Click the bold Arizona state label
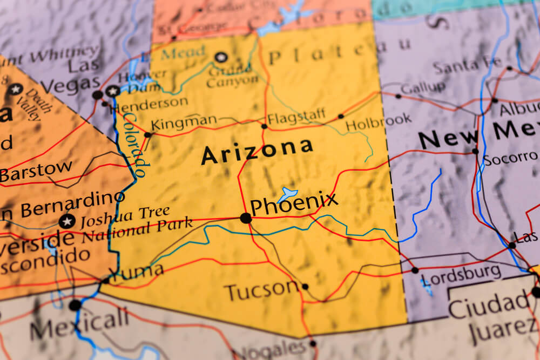pyautogui.click(x=257, y=151)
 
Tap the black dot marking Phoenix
pyautogui.click(x=246, y=218)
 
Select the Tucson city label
pyautogui.click(x=261, y=291)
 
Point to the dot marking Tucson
pyautogui.click(x=305, y=287)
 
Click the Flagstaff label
pyautogui.click(x=296, y=116)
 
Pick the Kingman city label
pyautogui.click(x=184, y=123)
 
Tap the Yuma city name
pyautogui.click(x=139, y=271)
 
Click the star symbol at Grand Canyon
pyautogui.click(x=220, y=57)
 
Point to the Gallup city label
pyautogui.click(x=423, y=87)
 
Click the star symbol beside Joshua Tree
pyautogui.click(x=67, y=221)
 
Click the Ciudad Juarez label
pyautogui.click(x=492, y=316)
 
